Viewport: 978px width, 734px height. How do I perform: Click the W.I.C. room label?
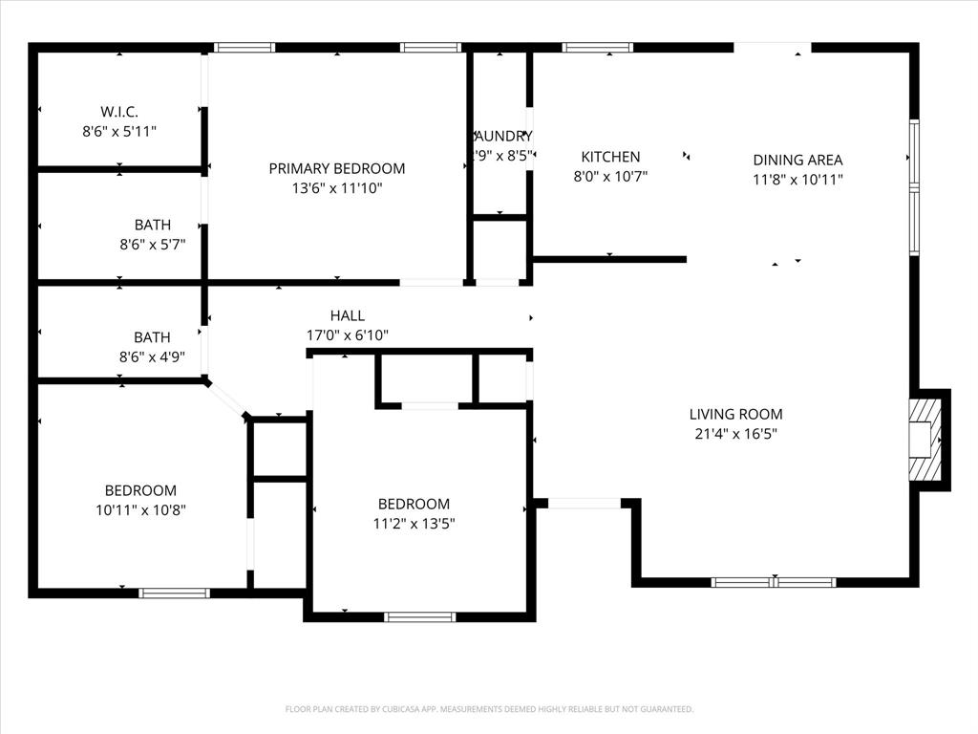pyautogui.click(x=119, y=111)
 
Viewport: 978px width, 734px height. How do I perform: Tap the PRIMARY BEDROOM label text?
pyautogui.click(x=336, y=168)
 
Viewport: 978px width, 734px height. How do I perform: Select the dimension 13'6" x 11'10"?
pyautogui.click(x=336, y=188)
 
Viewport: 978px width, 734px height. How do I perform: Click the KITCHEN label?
pyautogui.click(x=610, y=157)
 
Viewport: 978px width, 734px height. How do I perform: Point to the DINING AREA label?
pyautogui.click(x=797, y=160)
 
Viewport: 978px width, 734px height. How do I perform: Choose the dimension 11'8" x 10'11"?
pyautogui.click(x=797, y=179)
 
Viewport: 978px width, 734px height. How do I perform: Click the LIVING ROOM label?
pyautogui.click(x=735, y=414)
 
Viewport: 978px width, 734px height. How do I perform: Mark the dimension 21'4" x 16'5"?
pyautogui.click(x=735, y=434)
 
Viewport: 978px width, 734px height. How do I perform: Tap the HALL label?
pyautogui.click(x=347, y=315)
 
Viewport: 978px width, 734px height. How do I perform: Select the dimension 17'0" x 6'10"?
pyautogui.click(x=347, y=335)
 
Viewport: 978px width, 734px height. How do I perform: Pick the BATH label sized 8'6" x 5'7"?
pyautogui.click(x=152, y=225)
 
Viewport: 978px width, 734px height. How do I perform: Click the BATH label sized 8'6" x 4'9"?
pyautogui.click(x=152, y=336)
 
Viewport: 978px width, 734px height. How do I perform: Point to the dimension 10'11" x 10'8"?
pyautogui.click(x=140, y=510)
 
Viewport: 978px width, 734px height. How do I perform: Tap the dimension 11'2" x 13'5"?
pyautogui.click(x=414, y=524)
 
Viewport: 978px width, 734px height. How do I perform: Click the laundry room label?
pyautogui.click(x=501, y=136)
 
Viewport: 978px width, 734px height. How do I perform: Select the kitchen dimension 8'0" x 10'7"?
pyautogui.click(x=610, y=176)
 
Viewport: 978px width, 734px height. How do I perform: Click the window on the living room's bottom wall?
pyautogui.click(x=774, y=581)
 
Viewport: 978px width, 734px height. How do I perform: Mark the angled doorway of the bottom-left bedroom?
pyautogui.click(x=226, y=399)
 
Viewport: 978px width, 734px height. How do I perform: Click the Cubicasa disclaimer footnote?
pyautogui.click(x=489, y=709)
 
